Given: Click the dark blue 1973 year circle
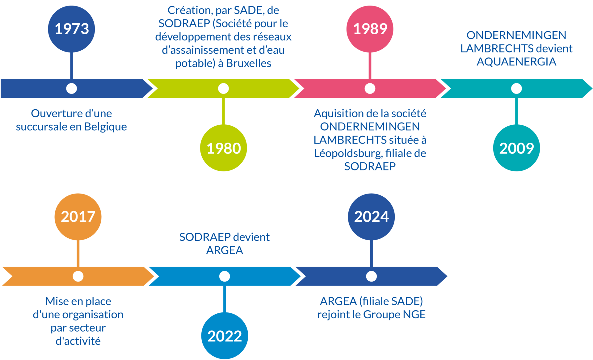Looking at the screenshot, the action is pyautogui.click(x=71, y=29).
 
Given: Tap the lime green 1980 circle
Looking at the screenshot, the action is pyautogui.click(x=224, y=148).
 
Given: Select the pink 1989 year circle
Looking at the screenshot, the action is pyautogui.click(x=370, y=29).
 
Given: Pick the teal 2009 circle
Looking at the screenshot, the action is pyautogui.click(x=516, y=148).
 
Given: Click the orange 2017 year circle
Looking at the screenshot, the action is pyautogui.click(x=78, y=217).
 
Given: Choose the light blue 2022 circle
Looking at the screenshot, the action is pyautogui.click(x=225, y=336).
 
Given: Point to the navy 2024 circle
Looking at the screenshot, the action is pyautogui.click(x=371, y=217).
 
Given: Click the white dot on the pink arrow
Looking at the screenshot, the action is pyautogui.click(x=370, y=89).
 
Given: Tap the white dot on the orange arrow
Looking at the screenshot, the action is pyautogui.click(x=78, y=276).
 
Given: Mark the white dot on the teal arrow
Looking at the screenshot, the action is pyautogui.click(x=516, y=89).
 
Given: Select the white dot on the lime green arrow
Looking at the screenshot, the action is pyautogui.click(x=223, y=89).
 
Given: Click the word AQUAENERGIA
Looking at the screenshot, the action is pyautogui.click(x=516, y=62).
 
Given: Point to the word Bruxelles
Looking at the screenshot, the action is pyautogui.click(x=249, y=63).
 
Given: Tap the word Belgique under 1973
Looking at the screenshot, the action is pyautogui.click(x=105, y=127).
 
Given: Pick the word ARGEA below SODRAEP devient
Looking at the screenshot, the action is pyautogui.click(x=225, y=250).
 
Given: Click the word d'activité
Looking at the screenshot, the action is pyautogui.click(x=78, y=341).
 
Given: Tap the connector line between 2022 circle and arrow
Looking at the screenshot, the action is pyautogui.click(x=225, y=299).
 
